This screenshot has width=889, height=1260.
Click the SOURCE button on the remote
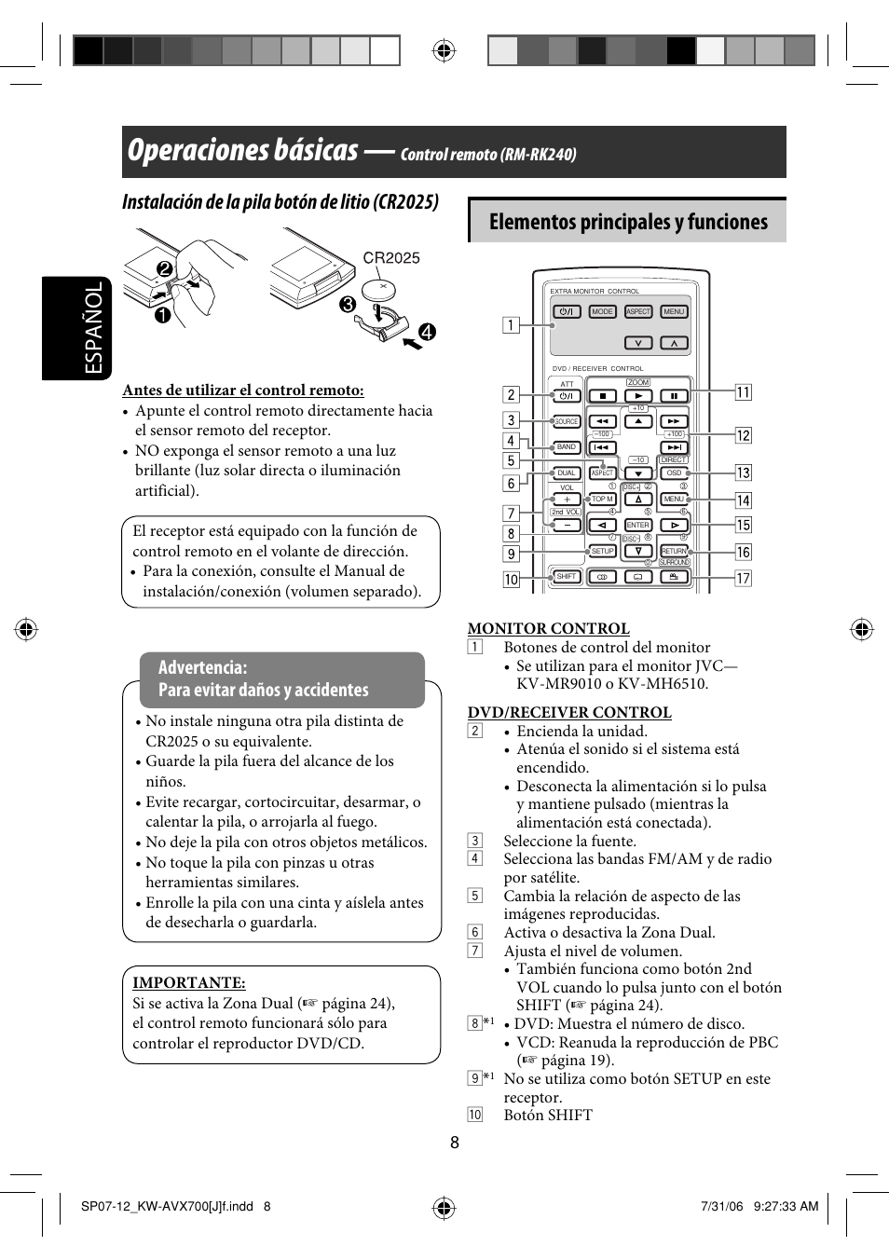coord(567,421)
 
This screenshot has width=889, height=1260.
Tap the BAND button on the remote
coord(567,447)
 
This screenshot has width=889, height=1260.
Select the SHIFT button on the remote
coord(567,577)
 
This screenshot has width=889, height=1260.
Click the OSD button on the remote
coord(674,473)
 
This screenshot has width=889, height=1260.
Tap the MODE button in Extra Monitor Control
coord(603,312)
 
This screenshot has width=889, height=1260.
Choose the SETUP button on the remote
coord(603,551)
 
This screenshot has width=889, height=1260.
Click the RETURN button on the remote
coord(674,551)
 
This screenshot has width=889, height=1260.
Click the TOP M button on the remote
coord(603,500)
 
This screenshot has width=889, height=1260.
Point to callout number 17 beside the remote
coord(743,579)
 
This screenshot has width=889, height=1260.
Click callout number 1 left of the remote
coord(511,325)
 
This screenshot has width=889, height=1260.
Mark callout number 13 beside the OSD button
coord(743,473)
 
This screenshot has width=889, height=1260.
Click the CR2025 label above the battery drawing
coord(391,258)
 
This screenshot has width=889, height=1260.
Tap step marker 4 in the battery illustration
coord(427,332)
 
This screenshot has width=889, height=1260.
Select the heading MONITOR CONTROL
coord(548,628)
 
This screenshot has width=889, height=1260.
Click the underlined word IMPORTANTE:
coord(188,982)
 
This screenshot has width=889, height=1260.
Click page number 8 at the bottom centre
coord(455,1144)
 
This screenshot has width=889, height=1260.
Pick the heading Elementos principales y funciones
coord(628,222)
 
